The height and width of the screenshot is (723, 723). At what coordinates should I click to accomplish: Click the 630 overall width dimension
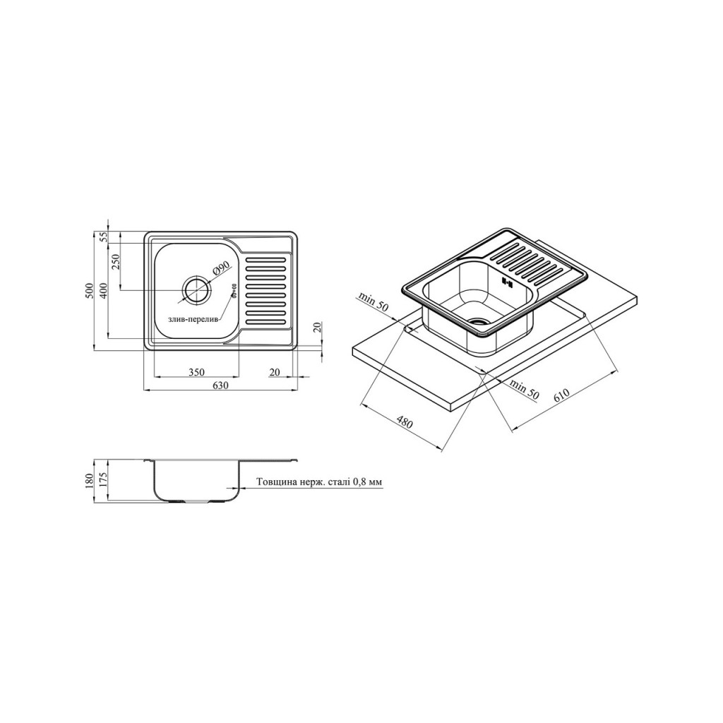pyautogui.click(x=221, y=386)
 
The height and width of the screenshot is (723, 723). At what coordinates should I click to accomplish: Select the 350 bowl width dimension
pyautogui.click(x=196, y=372)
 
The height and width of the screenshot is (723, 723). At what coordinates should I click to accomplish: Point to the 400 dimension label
pyautogui.click(x=103, y=290)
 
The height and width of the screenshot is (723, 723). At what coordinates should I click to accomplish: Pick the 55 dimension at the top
pyautogui.click(x=103, y=237)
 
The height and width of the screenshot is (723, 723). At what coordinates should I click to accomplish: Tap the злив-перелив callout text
pyautogui.click(x=193, y=320)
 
